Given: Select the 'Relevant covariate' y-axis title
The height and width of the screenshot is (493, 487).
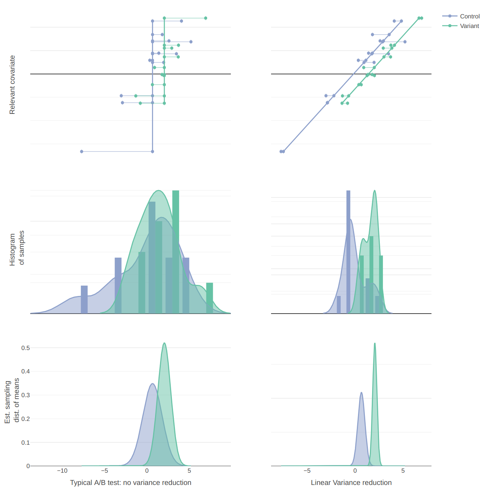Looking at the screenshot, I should coord(12,85).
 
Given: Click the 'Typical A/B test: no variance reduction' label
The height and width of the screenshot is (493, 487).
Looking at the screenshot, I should coord(131,483).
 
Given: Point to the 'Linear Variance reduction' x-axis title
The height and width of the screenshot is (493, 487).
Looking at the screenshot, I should coord(351,483).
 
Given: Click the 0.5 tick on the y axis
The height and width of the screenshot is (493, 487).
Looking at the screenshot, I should coord(25,348).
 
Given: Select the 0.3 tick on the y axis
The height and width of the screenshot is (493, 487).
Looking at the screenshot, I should coord(25,395).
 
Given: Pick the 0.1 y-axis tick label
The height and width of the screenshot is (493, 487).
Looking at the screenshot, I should coord(25,442).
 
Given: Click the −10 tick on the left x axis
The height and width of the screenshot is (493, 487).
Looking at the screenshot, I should coord(62,471).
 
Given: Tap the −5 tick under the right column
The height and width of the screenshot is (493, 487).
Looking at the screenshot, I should coord(307,471).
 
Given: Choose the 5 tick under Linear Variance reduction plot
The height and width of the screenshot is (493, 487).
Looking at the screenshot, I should coord(403,471).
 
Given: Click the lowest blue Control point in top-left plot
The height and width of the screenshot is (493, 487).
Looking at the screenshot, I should coord(82,151).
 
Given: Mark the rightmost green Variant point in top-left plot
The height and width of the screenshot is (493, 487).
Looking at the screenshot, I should coord(206,18).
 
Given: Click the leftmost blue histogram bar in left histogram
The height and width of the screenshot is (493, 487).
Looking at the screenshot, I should coord(84,299).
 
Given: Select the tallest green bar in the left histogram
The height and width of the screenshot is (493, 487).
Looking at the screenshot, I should coord(176,251).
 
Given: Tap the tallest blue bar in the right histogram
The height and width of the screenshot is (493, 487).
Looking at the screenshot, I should coord(348,251).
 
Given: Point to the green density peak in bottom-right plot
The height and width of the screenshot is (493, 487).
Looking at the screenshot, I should coord(375,343).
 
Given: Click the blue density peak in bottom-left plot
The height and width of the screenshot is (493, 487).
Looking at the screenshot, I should coord(152,384).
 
